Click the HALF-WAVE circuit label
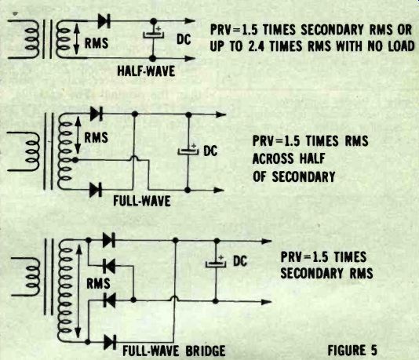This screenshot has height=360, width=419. pyautogui.click(x=146, y=71)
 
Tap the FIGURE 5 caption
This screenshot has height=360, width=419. pyautogui.click(x=352, y=350)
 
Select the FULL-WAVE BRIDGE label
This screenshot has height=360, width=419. pyautogui.click(x=173, y=351)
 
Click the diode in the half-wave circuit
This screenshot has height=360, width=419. pyautogui.click(x=104, y=21)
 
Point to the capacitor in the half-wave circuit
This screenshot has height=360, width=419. pyautogui.click(x=153, y=35)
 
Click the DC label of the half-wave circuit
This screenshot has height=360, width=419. pyautogui.click(x=184, y=40)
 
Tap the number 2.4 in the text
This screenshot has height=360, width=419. pyautogui.click(x=257, y=46)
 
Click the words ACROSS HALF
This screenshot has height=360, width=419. pyautogui.click(x=289, y=158)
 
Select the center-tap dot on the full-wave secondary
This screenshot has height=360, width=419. pyautogui.click(x=75, y=160)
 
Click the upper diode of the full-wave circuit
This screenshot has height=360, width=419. pyautogui.click(x=97, y=114)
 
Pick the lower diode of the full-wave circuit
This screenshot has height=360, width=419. pyautogui.click(x=96, y=190)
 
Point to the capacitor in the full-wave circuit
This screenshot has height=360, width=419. pyautogui.click(x=188, y=151)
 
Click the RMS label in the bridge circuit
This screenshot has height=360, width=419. pyautogui.click(x=98, y=283)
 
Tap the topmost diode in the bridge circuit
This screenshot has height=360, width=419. pyautogui.click(x=109, y=240)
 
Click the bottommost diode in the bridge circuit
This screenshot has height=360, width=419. pyautogui.click(x=110, y=342)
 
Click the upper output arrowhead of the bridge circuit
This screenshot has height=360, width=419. pyautogui.click(x=267, y=242)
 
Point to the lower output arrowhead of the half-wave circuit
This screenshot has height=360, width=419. pyautogui.click(x=190, y=58)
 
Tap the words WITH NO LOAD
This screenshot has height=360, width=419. pyautogui.click(x=375, y=46)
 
